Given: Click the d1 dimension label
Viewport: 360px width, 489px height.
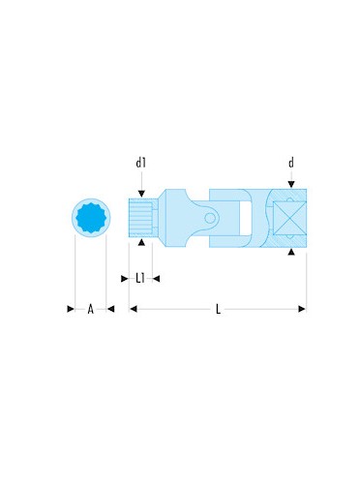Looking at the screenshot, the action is [x=140, y=163].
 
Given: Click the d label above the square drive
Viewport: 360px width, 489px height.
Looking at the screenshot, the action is [x=291, y=163].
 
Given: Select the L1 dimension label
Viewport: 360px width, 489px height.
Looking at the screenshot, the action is [x=140, y=278].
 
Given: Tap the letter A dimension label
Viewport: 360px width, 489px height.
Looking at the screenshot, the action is [x=91, y=309].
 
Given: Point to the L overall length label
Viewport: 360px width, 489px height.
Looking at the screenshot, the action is [x=218, y=309].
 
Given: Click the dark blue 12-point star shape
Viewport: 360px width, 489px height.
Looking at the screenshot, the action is [x=91, y=218].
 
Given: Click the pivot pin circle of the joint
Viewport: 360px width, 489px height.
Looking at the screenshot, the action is [x=210, y=219].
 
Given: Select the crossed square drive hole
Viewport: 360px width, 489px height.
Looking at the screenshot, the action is [x=289, y=218].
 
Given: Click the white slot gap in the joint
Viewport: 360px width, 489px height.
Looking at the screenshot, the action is [x=245, y=218].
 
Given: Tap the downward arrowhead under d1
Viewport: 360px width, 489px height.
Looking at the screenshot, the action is [x=141, y=194].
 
